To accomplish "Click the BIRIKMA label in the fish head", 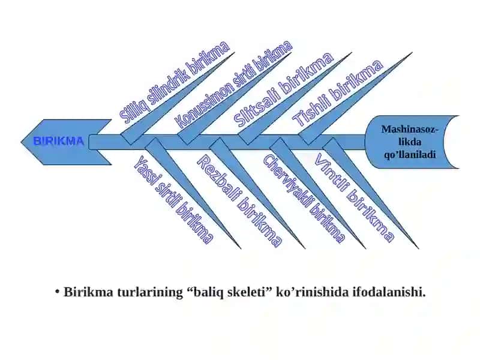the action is (x=58, y=141).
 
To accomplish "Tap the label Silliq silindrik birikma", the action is (x=175, y=82).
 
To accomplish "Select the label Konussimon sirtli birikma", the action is (x=235, y=84).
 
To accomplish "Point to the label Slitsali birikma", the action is (x=283, y=89).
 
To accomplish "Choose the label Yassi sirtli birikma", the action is (x=173, y=200).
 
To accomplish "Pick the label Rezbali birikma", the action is (x=239, y=200).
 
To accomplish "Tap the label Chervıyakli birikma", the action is (x=304, y=199).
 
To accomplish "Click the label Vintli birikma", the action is (x=354, y=198).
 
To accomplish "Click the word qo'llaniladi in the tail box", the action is (x=410, y=155).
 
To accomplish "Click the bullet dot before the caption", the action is (x=57, y=292).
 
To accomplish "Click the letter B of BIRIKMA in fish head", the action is (x=37, y=141).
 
